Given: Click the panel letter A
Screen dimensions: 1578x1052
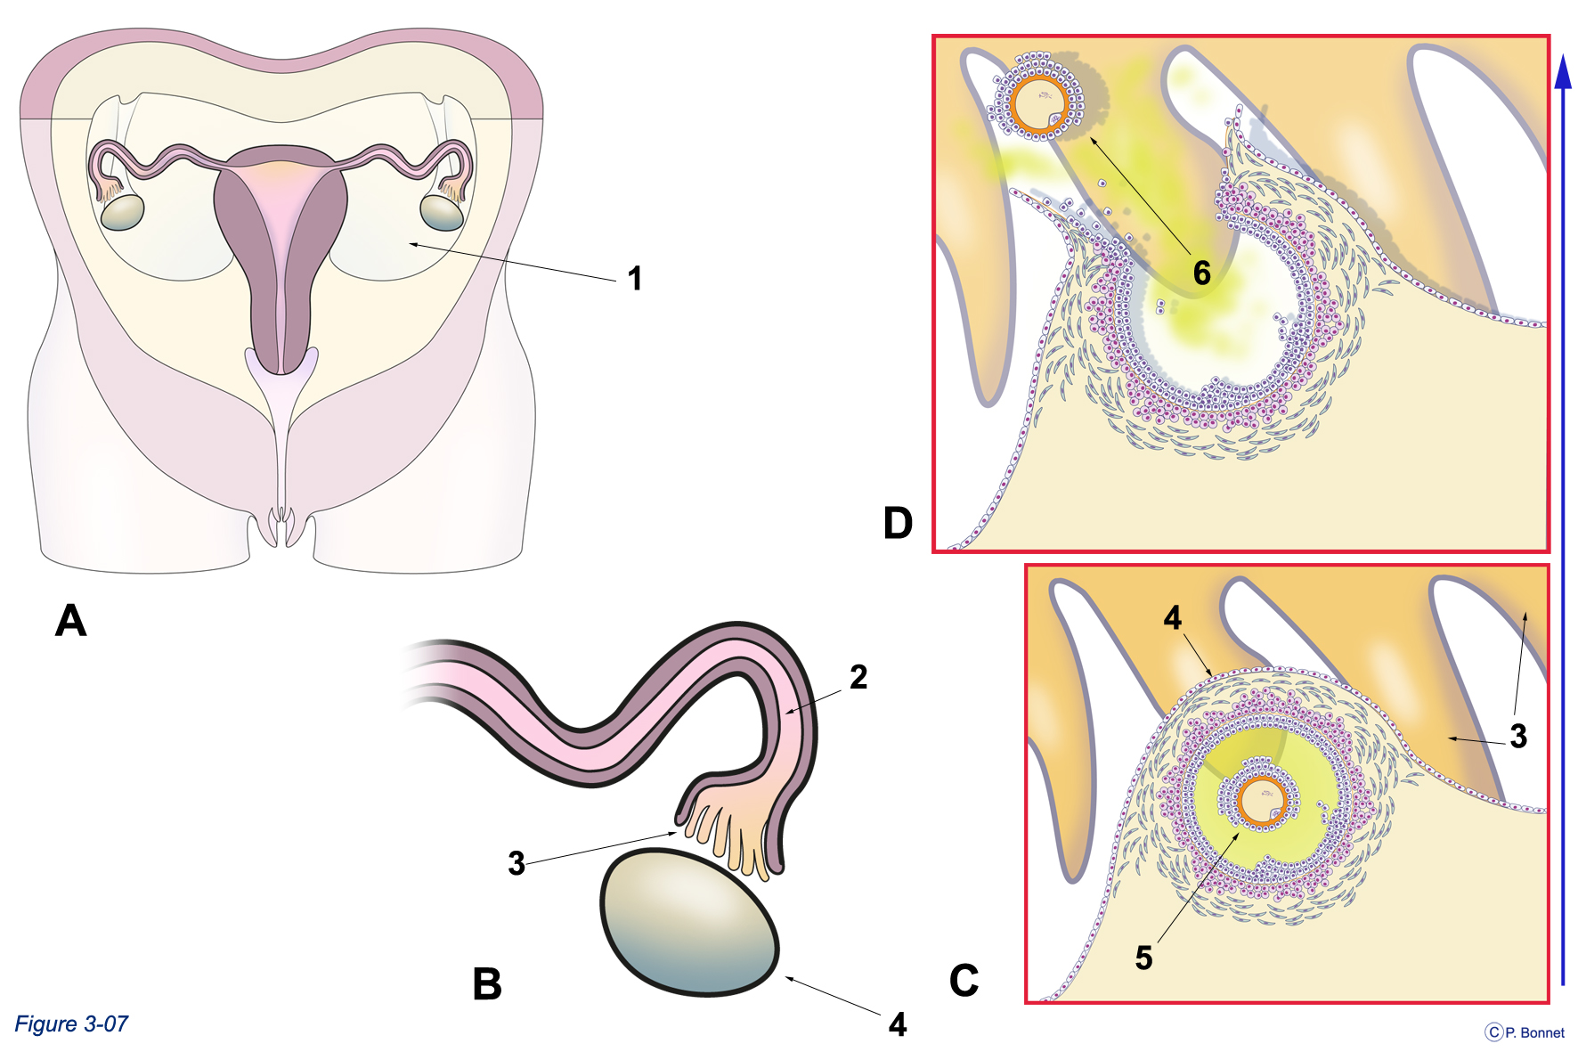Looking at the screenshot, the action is pos(71,620).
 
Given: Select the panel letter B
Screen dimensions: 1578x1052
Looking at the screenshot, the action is pos(487,984).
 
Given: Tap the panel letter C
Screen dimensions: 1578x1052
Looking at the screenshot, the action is pos(964,980).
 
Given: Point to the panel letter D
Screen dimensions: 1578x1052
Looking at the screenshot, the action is pos(898,523).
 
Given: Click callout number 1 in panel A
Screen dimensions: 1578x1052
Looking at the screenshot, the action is pos(635,279).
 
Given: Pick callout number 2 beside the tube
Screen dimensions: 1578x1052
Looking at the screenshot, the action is pos(858,677).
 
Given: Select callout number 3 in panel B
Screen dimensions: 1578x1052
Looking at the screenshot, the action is pos(517,863).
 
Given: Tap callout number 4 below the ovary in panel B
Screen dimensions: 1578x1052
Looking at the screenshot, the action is pos(898,1024).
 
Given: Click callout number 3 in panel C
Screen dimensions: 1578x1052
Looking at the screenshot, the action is pos(1518,736).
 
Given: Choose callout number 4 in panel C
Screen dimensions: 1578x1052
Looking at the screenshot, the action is pos(1173,618).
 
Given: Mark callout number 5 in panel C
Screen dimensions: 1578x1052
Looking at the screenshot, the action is pos(1144,958).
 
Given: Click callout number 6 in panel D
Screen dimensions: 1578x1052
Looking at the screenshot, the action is pos(1202,273).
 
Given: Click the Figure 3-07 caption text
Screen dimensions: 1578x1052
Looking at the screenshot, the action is pos(71,1024).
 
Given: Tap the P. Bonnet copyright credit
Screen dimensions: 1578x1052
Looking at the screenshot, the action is pos(1525,1032).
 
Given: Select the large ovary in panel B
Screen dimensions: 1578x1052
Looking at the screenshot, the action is pos(689,923).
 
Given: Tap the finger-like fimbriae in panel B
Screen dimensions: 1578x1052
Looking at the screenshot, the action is pos(726,833).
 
